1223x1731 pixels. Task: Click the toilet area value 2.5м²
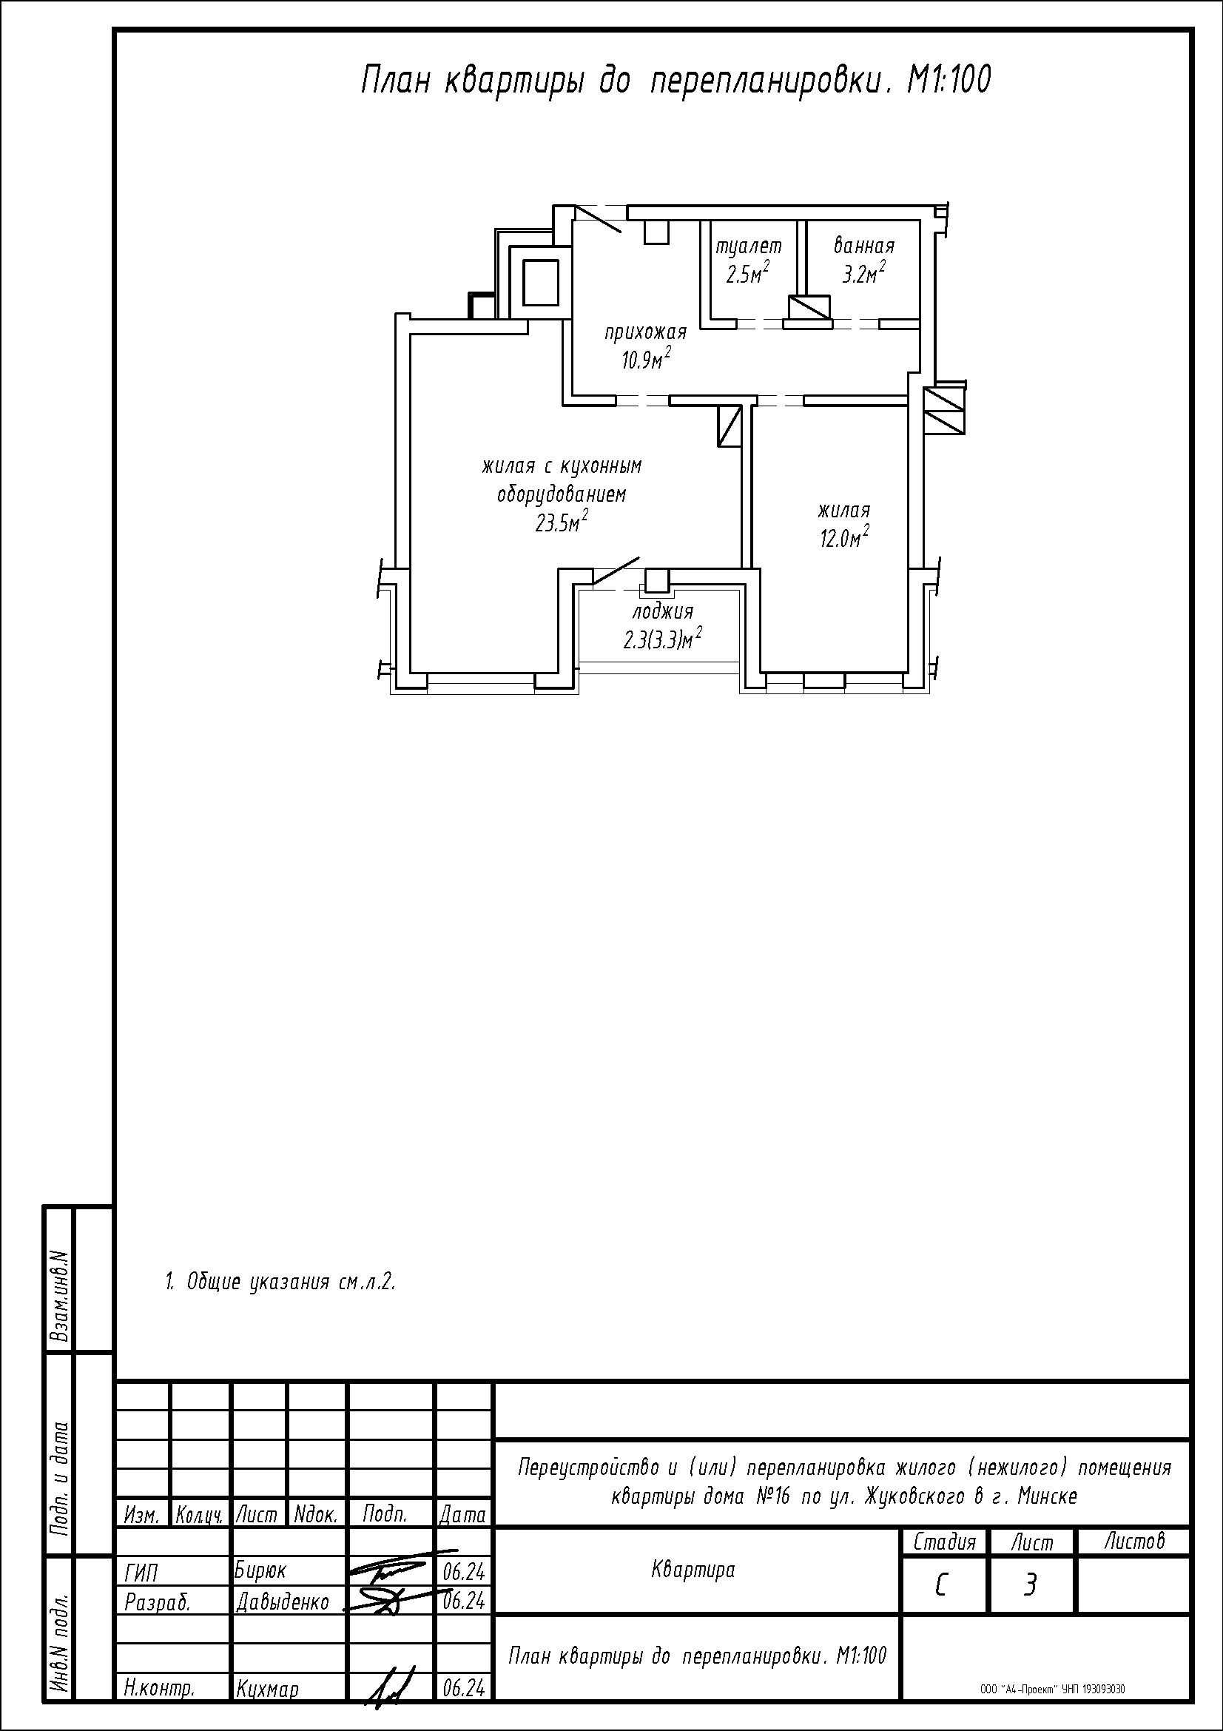point(747,273)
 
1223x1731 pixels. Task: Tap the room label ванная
point(863,246)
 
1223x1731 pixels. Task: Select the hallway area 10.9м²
point(646,359)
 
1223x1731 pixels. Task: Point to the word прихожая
point(646,332)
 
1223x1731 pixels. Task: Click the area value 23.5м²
point(562,522)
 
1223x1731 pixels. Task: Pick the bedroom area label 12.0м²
point(844,537)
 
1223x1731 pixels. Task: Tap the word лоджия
point(662,611)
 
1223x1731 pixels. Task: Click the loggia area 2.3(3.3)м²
point(663,639)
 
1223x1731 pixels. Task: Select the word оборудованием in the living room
point(562,495)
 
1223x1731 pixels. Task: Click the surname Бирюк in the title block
point(260,1570)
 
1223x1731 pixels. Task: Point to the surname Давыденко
point(283,1601)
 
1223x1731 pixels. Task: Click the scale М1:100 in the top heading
point(949,80)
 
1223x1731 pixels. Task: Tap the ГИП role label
point(141,1573)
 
